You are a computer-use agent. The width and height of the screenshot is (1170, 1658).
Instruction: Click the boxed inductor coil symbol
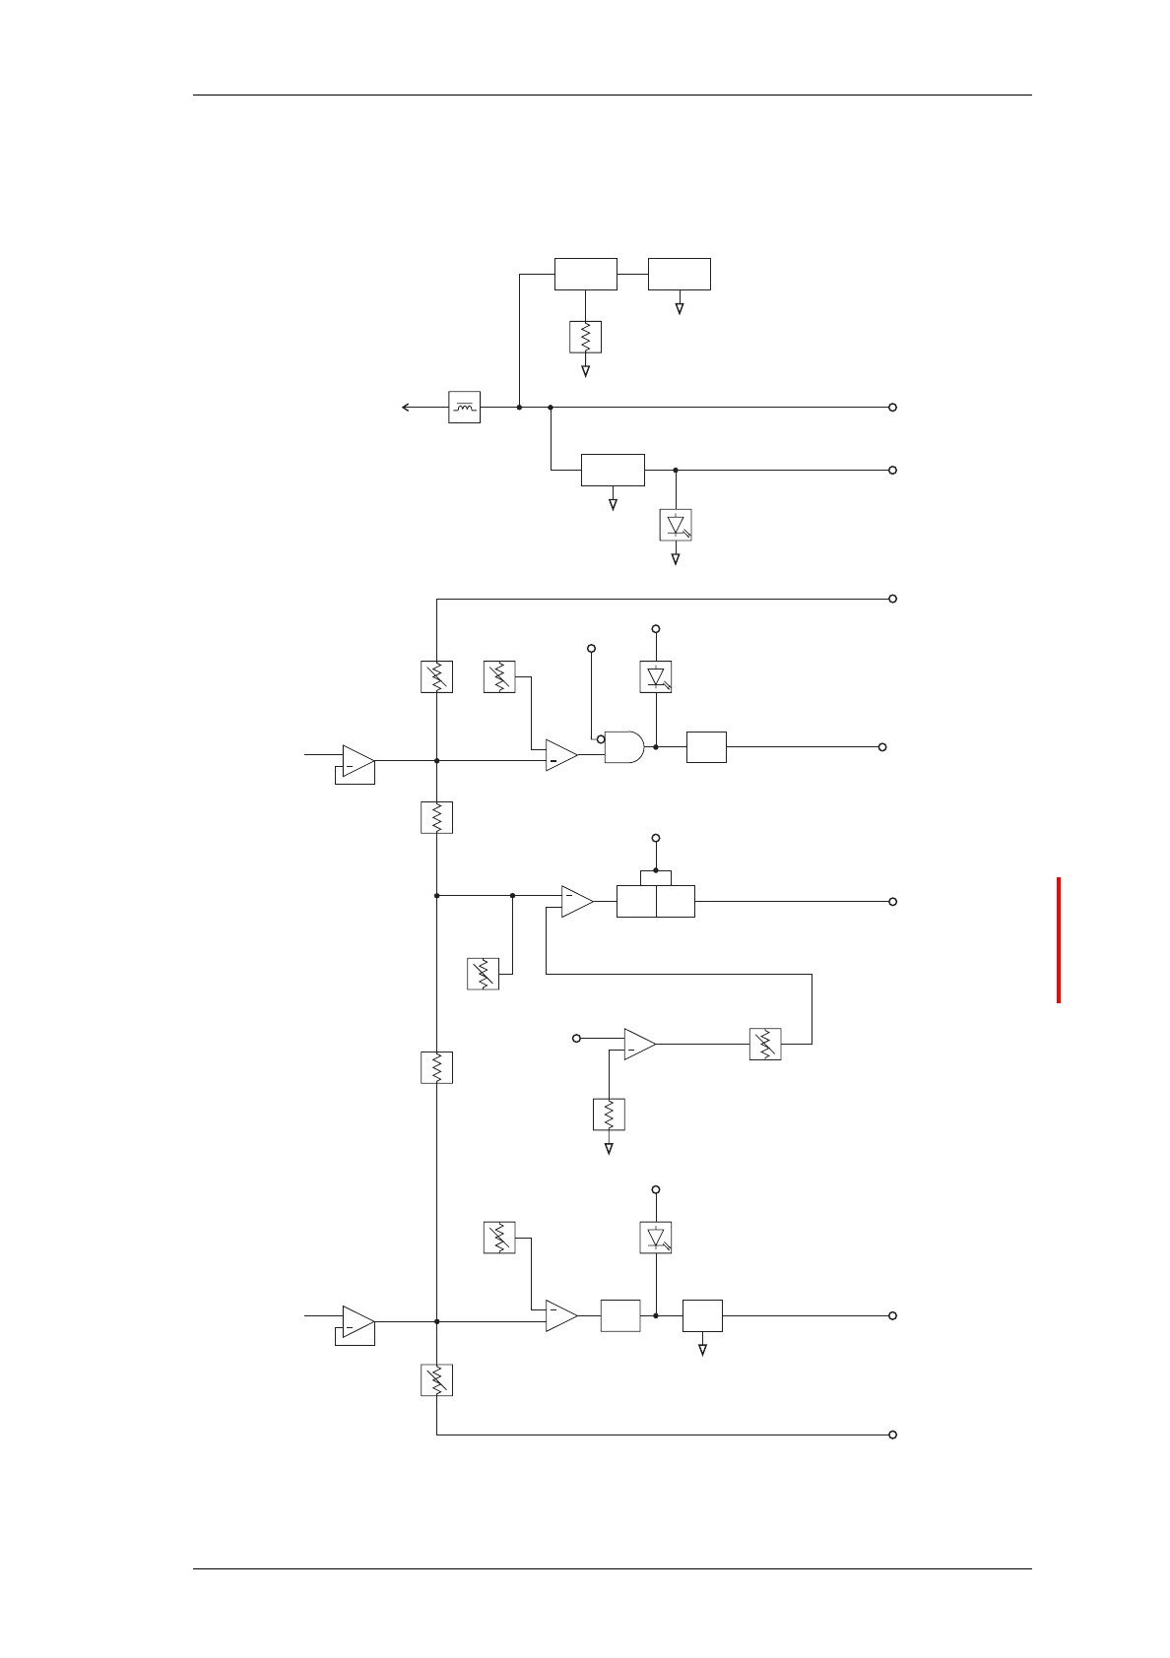464,407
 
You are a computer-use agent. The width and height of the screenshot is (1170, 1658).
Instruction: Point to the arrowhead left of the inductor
406,407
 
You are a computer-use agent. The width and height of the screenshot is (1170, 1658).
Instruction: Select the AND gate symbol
623,747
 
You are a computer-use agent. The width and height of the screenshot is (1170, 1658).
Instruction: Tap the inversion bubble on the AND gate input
601,738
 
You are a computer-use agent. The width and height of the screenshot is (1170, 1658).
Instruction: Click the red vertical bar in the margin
1059,940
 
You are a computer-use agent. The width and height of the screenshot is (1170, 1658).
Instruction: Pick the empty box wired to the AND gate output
706,747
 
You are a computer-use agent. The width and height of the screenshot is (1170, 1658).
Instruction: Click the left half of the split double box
636,902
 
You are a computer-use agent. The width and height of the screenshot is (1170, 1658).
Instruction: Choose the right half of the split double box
676,902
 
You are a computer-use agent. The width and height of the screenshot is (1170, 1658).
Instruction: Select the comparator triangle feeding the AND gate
560,755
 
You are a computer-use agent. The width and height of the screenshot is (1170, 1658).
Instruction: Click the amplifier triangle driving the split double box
576,902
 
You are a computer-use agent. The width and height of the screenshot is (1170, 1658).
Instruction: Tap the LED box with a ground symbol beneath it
676,525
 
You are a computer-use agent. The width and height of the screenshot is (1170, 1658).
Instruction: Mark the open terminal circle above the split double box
656,838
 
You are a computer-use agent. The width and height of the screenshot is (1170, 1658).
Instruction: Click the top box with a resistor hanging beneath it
586,274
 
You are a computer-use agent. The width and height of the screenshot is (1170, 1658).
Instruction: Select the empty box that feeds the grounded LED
613,470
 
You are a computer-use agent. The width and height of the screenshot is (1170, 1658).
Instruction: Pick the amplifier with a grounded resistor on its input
638,1045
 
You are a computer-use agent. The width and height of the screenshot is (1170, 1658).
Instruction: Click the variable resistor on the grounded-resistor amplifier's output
765,1044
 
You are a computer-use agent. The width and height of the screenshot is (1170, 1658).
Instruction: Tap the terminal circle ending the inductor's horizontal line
892,407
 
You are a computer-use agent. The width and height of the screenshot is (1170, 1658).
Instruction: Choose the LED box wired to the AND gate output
656,676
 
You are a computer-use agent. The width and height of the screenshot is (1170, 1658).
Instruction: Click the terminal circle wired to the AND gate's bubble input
591,648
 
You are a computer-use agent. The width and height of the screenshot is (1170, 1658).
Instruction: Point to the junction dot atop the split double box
656,870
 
